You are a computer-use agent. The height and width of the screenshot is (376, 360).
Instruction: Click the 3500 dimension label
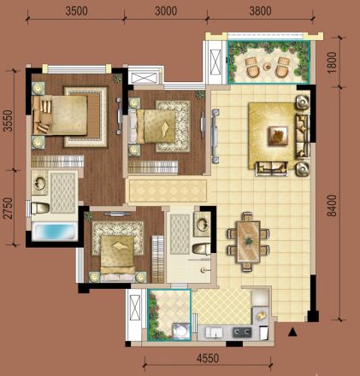76,11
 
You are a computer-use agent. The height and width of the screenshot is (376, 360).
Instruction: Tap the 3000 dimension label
166,11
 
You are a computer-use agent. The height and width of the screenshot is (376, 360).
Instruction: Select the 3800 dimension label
260,11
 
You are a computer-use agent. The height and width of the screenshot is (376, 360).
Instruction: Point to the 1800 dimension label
333,62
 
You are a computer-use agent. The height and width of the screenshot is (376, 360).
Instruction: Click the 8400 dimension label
332,206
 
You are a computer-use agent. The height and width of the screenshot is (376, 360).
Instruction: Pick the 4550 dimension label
208,358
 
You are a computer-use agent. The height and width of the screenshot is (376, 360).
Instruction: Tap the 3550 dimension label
9,120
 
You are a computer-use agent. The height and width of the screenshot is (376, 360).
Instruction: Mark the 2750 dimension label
9,209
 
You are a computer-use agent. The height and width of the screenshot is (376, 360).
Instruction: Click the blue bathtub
55,232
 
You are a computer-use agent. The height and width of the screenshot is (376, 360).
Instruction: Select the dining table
249,242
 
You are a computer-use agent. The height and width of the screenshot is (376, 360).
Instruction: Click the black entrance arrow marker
292,332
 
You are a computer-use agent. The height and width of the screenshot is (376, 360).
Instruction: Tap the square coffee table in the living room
278,136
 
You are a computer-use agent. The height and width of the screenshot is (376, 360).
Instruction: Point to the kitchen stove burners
242,332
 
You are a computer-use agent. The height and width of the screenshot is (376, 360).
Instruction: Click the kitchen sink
214,332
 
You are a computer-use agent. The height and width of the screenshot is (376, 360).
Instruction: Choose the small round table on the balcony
268,67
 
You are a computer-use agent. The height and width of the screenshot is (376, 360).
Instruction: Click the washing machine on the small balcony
181,331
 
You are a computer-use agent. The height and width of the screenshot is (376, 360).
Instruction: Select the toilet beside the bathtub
41,209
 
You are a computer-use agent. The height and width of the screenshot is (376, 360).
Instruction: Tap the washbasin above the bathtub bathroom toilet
39,183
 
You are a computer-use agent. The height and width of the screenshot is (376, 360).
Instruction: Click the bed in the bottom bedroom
118,256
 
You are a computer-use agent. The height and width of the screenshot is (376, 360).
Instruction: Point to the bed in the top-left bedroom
60,115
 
